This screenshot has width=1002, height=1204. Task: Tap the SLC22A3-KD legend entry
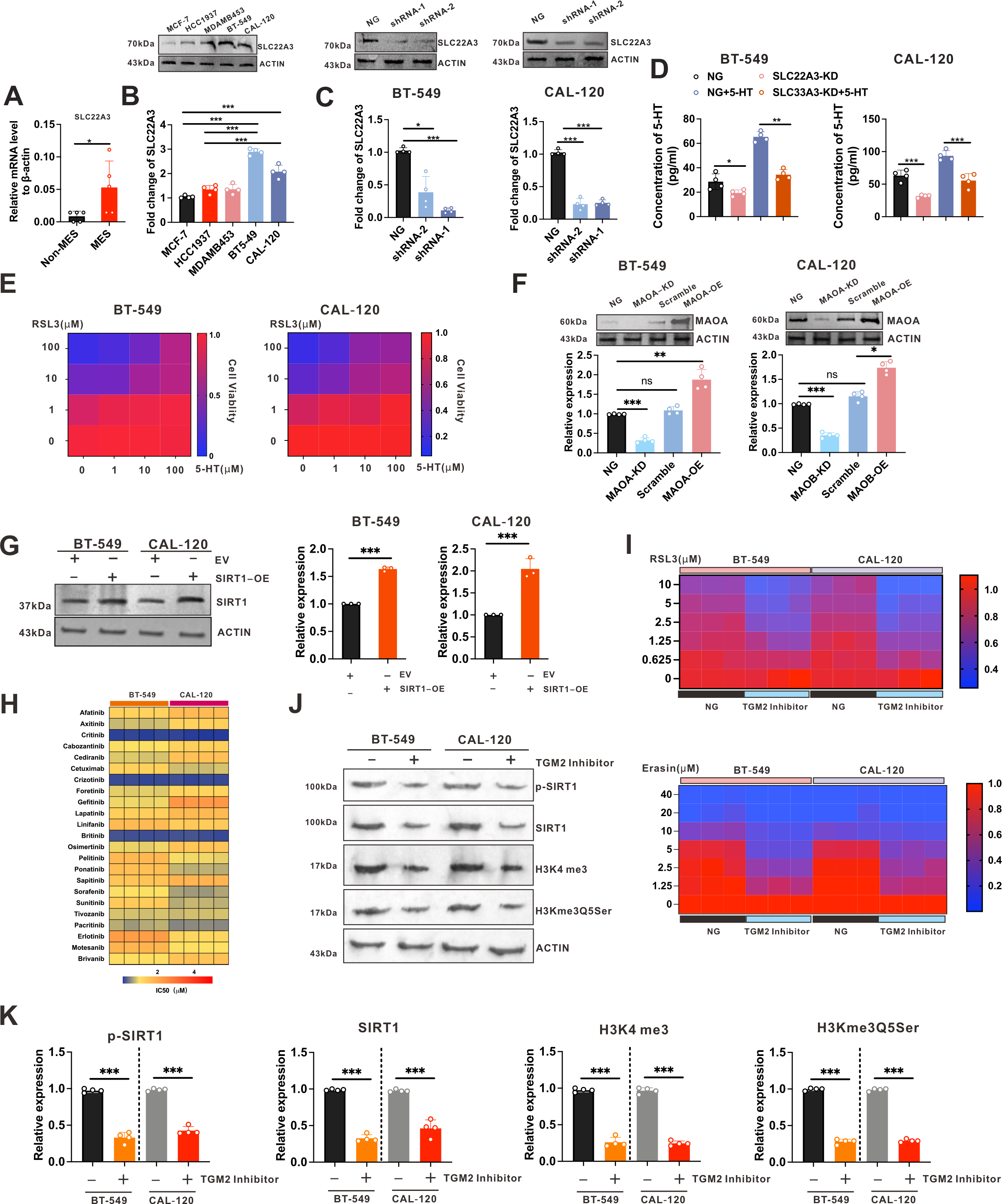point(805,76)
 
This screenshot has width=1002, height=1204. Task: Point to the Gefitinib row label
point(91,802)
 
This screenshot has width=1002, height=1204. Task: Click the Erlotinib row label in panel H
point(91,936)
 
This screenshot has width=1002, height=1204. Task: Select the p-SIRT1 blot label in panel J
point(556,787)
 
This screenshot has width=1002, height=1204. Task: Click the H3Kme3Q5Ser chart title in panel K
point(867,1028)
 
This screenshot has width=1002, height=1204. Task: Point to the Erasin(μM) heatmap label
point(670,768)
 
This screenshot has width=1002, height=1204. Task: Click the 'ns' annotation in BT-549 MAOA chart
point(646,381)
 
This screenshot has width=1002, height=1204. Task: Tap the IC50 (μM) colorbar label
point(171,990)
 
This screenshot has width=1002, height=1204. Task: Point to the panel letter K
point(9,1016)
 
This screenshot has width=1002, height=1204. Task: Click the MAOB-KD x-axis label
point(810,480)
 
